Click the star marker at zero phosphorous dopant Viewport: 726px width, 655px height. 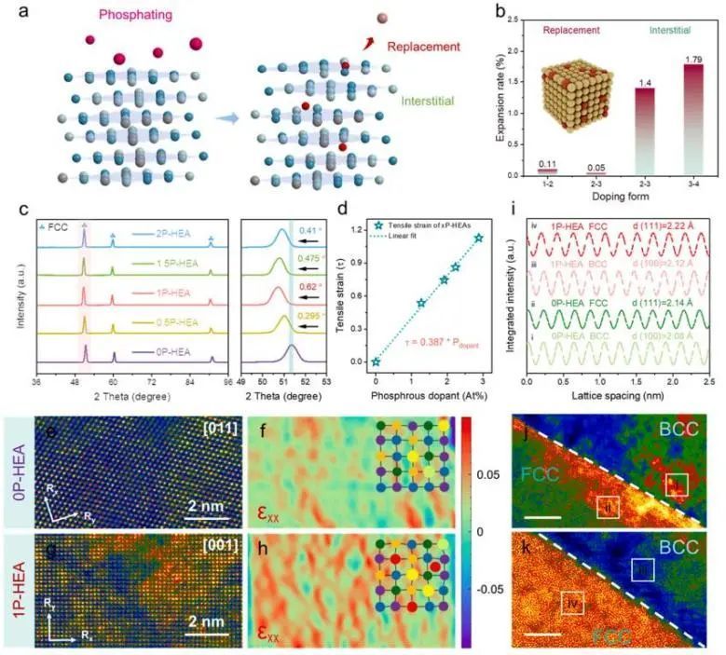coord(375,362)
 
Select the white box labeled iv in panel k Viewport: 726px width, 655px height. coord(573,603)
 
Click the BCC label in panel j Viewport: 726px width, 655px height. coord(688,431)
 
